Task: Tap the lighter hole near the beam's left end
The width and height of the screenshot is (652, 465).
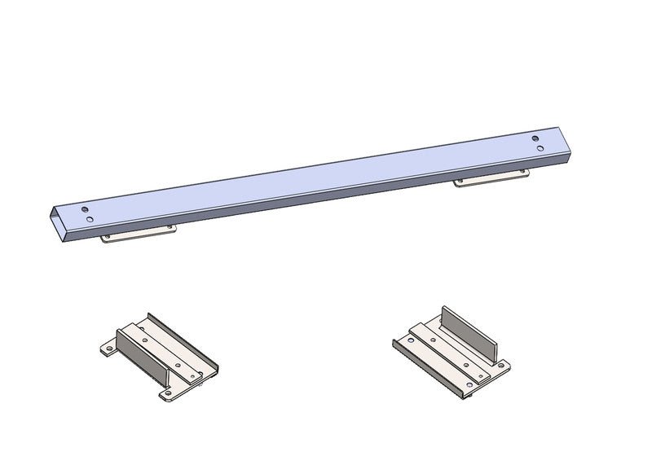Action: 88,219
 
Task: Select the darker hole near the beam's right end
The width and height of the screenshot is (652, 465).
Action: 535,139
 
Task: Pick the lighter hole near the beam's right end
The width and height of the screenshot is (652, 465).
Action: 539,149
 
